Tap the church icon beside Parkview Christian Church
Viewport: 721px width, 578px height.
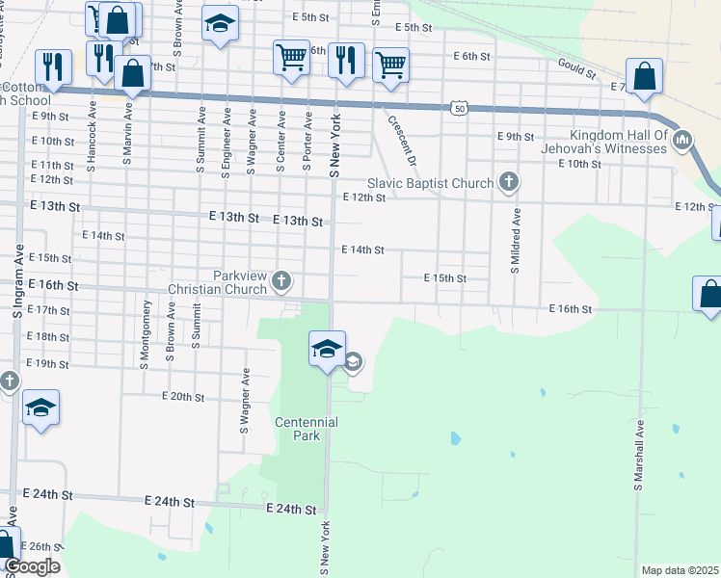pyautogui.click(x=280, y=280)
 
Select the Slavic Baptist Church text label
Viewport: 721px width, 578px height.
pyautogui.click(x=430, y=183)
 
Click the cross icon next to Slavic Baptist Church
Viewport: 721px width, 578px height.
pyautogui.click(x=508, y=183)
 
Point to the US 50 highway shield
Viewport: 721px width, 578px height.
pyautogui.click(x=459, y=109)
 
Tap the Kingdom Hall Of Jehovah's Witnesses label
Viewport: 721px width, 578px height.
pyautogui.click(x=618, y=143)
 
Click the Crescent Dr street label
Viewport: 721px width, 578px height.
pyautogui.click(x=400, y=138)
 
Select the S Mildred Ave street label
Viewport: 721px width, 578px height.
pyautogui.click(x=516, y=240)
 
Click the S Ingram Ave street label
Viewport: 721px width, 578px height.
pyautogui.click(x=17, y=279)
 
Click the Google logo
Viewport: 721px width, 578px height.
pyautogui.click(x=32, y=566)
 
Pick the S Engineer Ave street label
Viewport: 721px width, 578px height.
pyautogui.click(x=226, y=143)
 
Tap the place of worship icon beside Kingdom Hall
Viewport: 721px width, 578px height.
pyautogui.click(x=683, y=142)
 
